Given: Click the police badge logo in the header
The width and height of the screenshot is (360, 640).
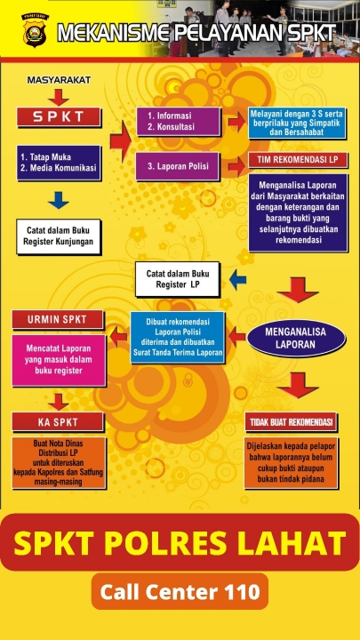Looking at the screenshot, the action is pos(35,30).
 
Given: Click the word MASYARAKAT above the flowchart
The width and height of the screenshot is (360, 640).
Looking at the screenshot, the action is pos(59,80).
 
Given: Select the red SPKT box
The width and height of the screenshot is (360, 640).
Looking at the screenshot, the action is pos(59,117).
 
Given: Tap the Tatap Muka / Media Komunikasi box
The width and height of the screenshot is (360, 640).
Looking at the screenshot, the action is pos(59,163).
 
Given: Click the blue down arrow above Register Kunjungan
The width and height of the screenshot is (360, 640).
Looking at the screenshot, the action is pos(59,200).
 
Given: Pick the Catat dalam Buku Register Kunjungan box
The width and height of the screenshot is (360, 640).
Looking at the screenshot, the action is pos(59,236).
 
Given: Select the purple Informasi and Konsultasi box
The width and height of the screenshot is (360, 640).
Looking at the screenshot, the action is pos(179,121).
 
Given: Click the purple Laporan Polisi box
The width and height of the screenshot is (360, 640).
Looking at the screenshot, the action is pos(178,166).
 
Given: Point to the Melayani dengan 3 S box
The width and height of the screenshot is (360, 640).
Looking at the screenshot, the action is pos(298,123).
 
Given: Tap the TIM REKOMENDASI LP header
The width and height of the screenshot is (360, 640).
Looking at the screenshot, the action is pos(298,160).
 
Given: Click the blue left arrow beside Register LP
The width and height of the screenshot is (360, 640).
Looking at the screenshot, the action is pos(238,280).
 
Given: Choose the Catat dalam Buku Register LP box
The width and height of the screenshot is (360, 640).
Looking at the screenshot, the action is pos(178,279).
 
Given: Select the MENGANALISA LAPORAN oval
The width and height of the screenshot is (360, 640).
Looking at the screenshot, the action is pos(297,338).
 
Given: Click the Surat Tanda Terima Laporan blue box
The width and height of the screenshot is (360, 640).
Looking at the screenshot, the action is pos(178,337).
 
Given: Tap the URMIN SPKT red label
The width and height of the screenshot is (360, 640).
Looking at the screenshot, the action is pos(58,320).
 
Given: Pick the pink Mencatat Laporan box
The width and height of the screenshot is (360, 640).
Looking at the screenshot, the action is pos(59,360).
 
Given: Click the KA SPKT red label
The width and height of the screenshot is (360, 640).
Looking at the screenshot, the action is pos(58,422).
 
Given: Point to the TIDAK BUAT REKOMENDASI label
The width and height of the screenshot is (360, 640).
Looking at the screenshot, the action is pos(291,421).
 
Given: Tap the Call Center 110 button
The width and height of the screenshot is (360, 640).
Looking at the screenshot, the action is pos(180,591).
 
